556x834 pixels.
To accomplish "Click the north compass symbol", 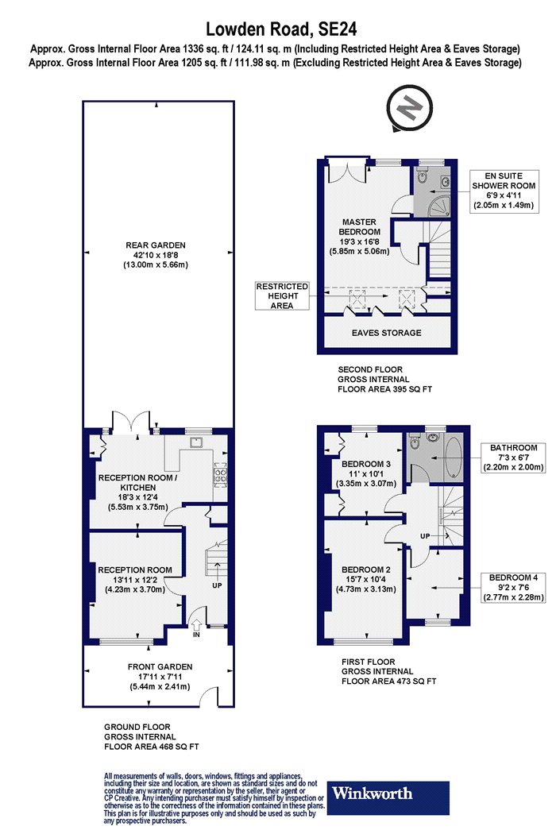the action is pos(409,109).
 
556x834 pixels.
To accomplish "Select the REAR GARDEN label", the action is pos(156,255).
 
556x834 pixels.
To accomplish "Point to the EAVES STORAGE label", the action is pos(386,333).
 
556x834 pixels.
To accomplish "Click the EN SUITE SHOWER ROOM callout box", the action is pos(504,191).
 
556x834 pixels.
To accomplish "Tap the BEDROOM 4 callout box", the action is pos(513,587).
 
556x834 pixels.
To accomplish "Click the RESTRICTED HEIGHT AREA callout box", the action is pos(282,295).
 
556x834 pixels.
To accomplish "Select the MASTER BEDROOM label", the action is pos(359,236).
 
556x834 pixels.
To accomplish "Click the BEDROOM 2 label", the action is pos(366,579).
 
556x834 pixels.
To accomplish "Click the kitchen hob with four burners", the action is pos(220,474).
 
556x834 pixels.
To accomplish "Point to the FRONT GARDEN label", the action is pos(160,676).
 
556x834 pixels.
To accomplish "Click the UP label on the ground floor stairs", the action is pos(217,585).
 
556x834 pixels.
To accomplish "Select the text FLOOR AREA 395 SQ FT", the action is pos(384,389).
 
